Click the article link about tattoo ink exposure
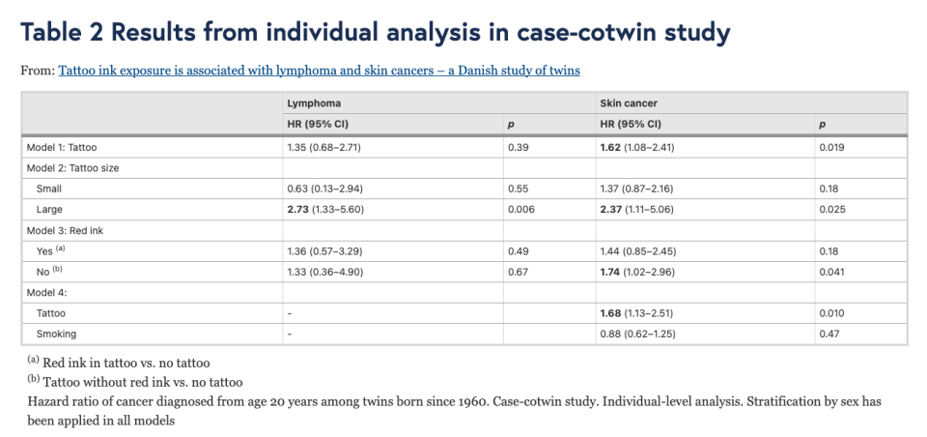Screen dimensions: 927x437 [x=320, y=71]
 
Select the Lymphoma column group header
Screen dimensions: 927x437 [x=314, y=103]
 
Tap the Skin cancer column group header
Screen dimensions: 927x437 [x=629, y=103]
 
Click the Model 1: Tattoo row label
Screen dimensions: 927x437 [x=62, y=148]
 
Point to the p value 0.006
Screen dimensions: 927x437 [x=521, y=209]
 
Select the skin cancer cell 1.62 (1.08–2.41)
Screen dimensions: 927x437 [x=636, y=148]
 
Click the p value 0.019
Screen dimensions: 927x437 [x=831, y=148]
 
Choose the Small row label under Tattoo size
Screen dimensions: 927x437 [x=49, y=189]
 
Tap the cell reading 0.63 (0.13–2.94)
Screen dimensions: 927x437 [x=324, y=189]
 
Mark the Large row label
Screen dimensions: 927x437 [x=49, y=209]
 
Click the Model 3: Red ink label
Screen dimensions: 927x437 [x=65, y=230]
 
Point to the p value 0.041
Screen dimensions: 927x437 [x=831, y=272]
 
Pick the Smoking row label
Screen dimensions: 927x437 [x=56, y=334]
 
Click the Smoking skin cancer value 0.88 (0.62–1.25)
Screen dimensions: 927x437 [x=638, y=334]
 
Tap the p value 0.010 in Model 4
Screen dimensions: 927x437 [x=831, y=313]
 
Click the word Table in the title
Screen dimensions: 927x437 [x=52, y=33]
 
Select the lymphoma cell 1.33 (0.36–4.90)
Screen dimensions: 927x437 [x=324, y=272]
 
